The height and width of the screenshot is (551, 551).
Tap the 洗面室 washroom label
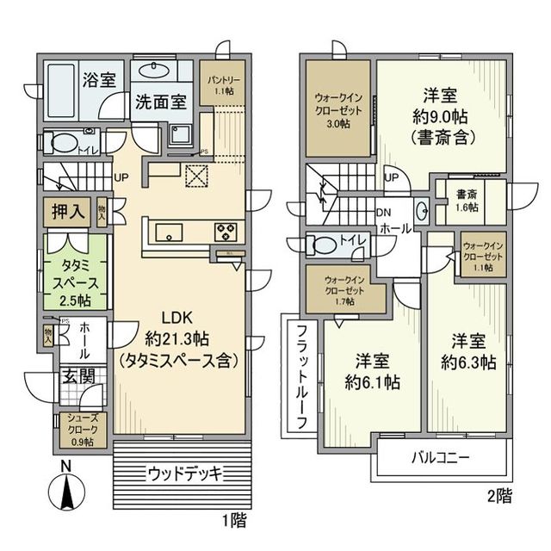[x=160, y=101]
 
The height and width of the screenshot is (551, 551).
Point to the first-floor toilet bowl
[x=59, y=143]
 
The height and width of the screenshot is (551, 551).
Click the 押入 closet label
[x=69, y=212]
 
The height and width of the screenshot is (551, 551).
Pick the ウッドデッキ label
[x=184, y=473]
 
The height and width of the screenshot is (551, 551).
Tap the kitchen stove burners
[x=225, y=230]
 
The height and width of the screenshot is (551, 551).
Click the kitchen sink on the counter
[x=168, y=230]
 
